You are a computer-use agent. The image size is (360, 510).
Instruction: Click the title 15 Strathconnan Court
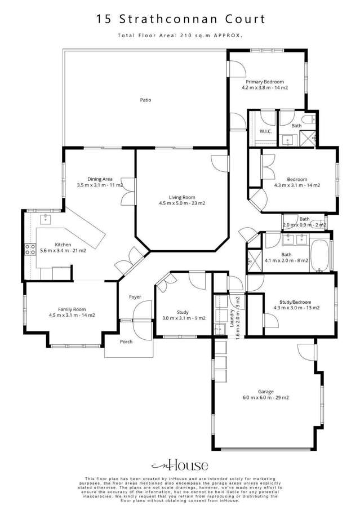pyautogui.click(x=180, y=20)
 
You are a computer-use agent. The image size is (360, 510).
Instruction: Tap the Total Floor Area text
pyautogui.click(x=180, y=36)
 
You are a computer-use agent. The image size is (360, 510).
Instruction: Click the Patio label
pyautogui.click(x=145, y=100)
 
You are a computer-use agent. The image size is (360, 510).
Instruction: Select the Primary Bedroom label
pyautogui.click(x=263, y=82)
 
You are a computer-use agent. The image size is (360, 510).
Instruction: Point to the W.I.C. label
pyautogui.click(x=266, y=131)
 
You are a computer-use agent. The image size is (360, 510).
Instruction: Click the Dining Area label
pyautogui.click(x=100, y=179)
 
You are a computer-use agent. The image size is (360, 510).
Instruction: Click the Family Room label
pyautogui.click(x=72, y=309)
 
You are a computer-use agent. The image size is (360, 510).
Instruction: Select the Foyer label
pyautogui.click(x=135, y=297)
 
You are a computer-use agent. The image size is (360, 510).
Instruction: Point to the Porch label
pyautogui.click(x=126, y=342)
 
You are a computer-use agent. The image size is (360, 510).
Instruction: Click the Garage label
pyautogui.click(x=266, y=391)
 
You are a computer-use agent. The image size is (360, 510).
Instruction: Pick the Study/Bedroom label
pyautogui.click(x=296, y=302)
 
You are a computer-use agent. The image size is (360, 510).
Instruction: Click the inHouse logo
pyautogui.click(x=180, y=465)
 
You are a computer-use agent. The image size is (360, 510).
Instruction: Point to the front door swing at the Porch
pyautogui.click(x=144, y=311)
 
